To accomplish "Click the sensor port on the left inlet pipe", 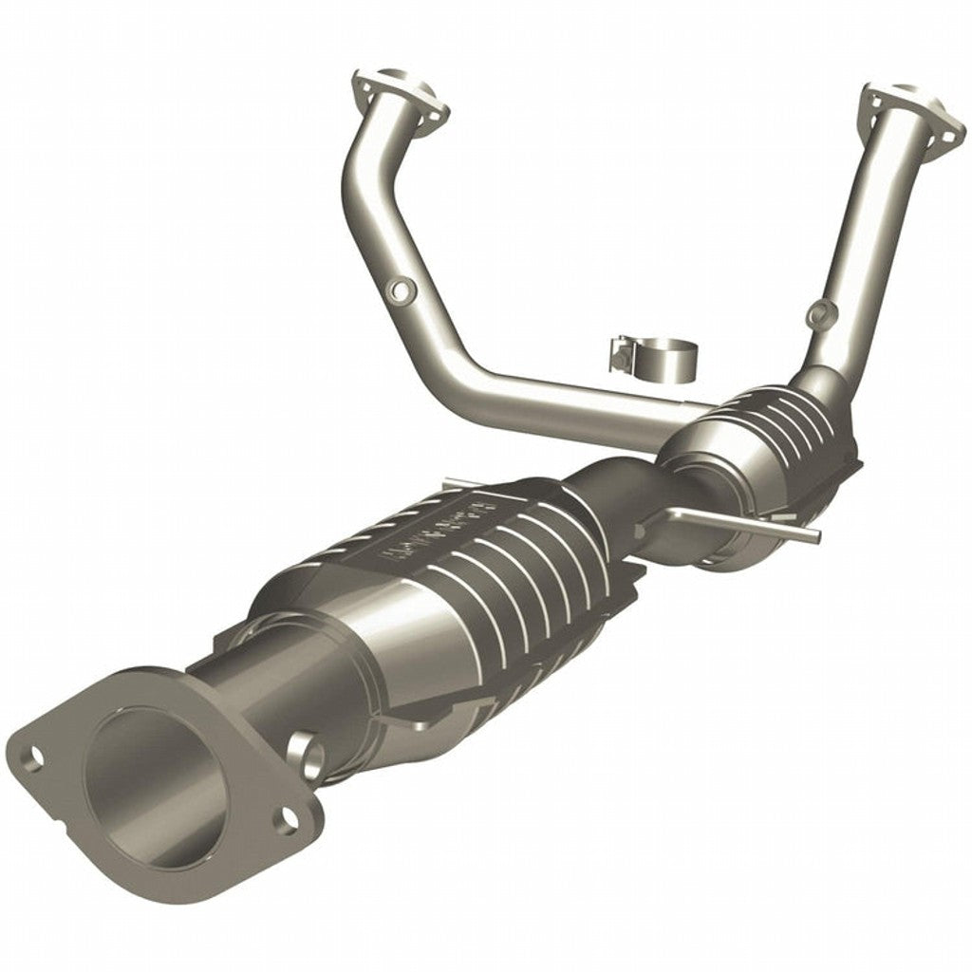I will coord(402,289).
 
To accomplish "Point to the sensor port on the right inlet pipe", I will coord(818,310).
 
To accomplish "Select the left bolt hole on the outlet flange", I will coord(33,757).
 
